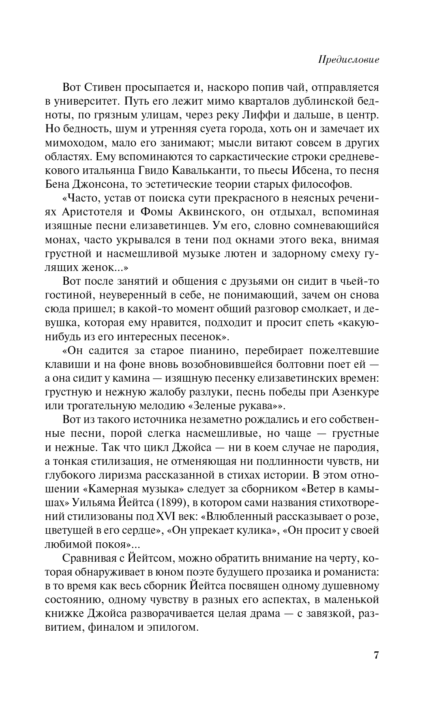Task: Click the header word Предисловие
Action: coord(349,60)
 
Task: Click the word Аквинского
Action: coord(207,213)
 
